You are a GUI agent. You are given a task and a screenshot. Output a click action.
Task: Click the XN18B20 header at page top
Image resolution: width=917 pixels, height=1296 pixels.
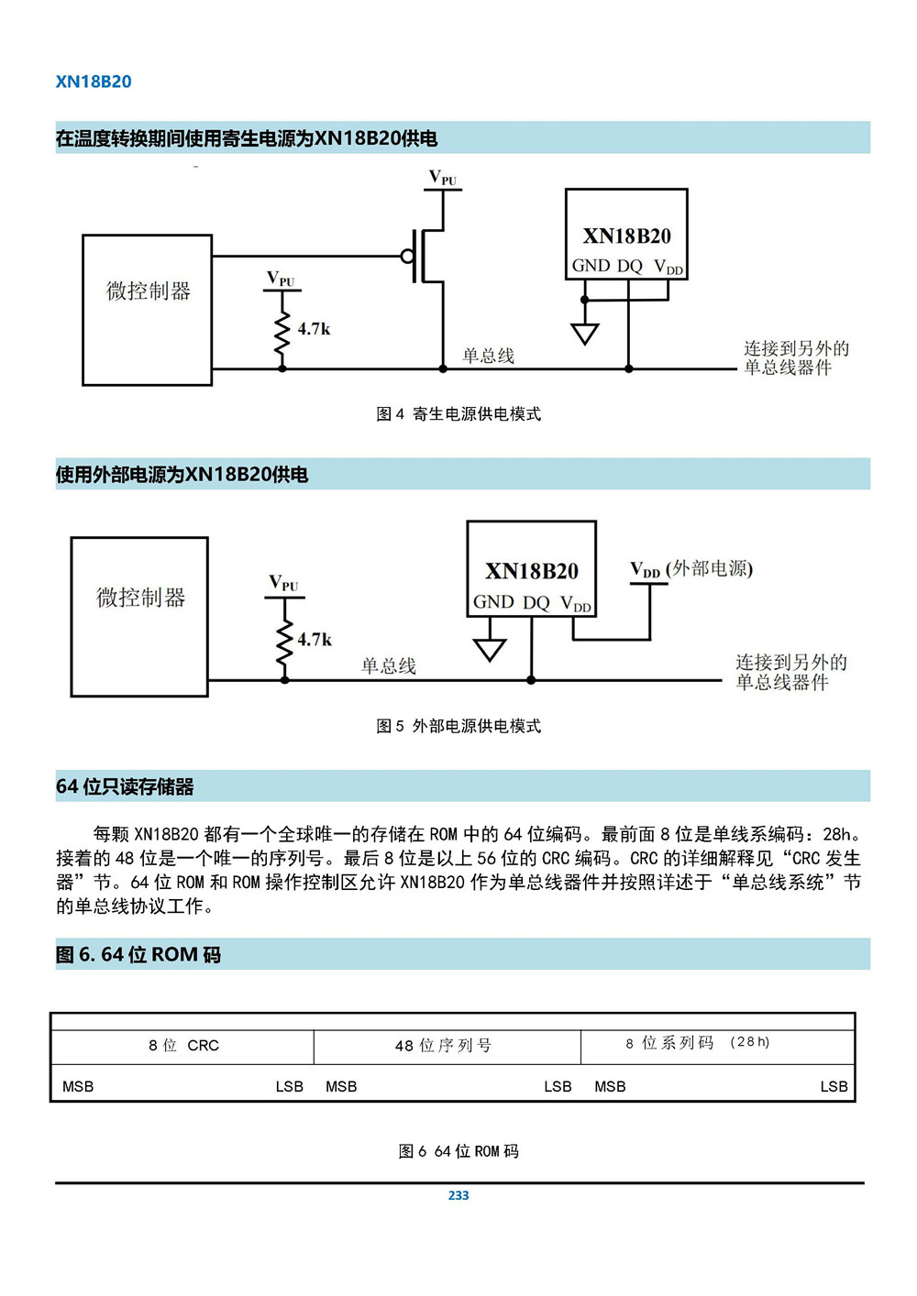94,82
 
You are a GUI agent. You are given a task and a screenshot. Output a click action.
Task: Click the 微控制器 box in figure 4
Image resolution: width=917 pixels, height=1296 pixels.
147,310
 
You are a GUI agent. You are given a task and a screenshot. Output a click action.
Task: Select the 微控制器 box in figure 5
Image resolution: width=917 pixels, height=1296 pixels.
139,616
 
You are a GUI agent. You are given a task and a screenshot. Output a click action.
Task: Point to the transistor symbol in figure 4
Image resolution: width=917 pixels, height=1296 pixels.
425,256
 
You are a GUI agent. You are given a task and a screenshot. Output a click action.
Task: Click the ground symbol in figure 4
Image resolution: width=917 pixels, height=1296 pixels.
584,333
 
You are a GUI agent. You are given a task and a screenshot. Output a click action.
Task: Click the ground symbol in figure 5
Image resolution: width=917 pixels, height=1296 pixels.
490,649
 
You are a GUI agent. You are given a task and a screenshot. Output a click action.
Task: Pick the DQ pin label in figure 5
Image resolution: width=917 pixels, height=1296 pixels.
536,603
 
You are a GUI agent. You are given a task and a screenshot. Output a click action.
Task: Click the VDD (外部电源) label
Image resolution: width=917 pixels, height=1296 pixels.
691,569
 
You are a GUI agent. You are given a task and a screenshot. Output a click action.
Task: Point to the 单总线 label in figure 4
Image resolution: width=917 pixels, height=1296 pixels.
488,356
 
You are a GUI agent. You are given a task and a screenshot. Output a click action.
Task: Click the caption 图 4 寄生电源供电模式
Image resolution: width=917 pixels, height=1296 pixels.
458,414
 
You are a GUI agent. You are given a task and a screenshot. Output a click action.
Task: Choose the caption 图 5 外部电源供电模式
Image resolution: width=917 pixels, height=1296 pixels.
458,726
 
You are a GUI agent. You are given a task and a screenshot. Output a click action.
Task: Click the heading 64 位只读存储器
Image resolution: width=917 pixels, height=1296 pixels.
125,786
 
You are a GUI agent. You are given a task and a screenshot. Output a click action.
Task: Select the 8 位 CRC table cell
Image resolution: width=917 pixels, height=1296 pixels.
183,1046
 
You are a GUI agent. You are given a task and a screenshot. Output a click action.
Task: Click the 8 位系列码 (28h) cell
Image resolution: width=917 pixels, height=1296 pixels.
698,1043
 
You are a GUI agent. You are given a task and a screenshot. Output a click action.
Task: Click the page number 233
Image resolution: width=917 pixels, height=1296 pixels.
458,1195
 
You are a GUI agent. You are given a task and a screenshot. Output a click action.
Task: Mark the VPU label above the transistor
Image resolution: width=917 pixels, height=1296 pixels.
443,178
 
